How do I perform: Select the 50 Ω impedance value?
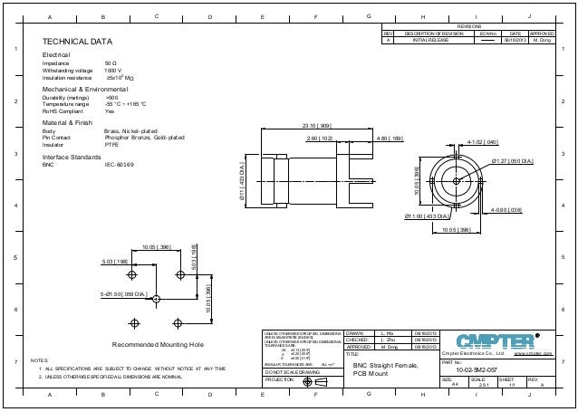coord(110,63)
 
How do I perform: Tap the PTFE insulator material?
coord(111,144)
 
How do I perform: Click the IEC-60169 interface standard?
coord(120,165)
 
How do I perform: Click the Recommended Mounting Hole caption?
coord(159,346)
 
